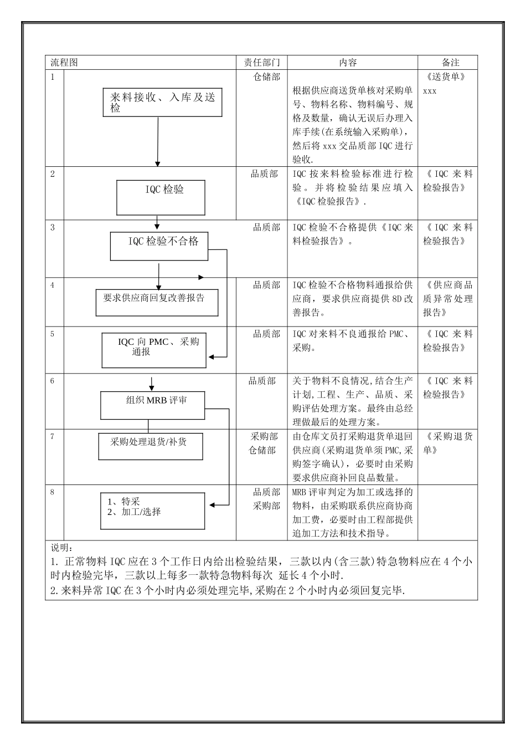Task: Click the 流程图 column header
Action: pyautogui.click(x=64, y=63)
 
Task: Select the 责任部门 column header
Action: pyautogui.click(x=262, y=63)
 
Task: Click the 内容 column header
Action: pyautogui.click(x=348, y=63)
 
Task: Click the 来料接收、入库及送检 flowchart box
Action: pyautogui.click(x=162, y=103)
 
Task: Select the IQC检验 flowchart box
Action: pyautogui.click(x=161, y=197)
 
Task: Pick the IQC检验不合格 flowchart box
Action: pyautogui.click(x=159, y=247)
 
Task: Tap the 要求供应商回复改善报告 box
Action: pyautogui.click(x=157, y=303)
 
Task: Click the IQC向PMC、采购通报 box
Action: pyautogui.click(x=154, y=350)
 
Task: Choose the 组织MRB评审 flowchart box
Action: pyautogui.click(x=152, y=405)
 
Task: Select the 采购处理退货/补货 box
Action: pyautogui.click(x=151, y=446)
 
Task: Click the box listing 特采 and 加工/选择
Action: pyautogui.click(x=152, y=511)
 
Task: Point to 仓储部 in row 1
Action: pyautogui.click(x=266, y=77)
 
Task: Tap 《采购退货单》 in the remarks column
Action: pyautogui.click(x=447, y=443)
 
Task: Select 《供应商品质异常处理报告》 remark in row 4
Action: pyautogui.click(x=447, y=299)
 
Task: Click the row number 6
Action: pyautogui.click(x=53, y=381)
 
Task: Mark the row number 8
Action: pyautogui.click(x=53, y=492)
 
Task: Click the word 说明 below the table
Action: pyautogui.click(x=61, y=548)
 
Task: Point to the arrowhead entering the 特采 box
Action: pyautogui.click(x=212, y=504)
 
